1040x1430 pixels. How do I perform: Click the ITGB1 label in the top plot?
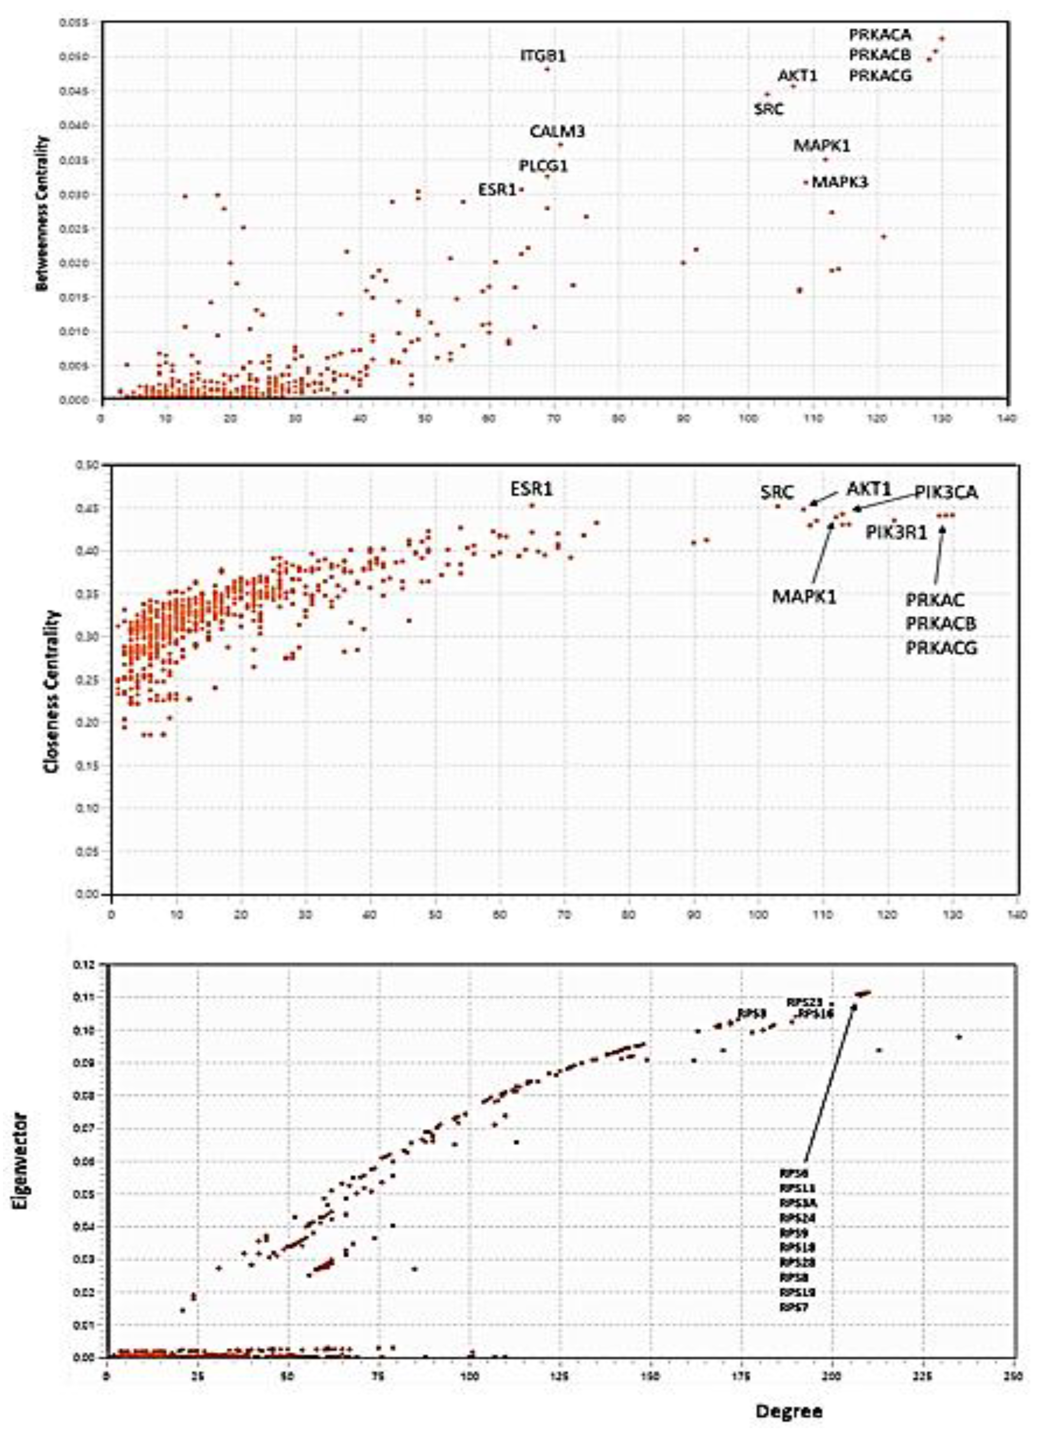pyautogui.click(x=543, y=56)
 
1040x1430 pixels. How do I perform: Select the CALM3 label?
pyautogui.click(x=557, y=132)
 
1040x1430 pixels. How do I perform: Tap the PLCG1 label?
pyautogui.click(x=543, y=166)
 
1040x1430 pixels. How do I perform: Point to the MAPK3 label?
pyautogui.click(x=839, y=182)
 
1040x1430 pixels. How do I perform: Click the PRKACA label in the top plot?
pyautogui.click(x=880, y=35)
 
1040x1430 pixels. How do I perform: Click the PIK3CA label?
pyautogui.click(x=946, y=492)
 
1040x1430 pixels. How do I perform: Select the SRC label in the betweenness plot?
pyautogui.click(x=768, y=109)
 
